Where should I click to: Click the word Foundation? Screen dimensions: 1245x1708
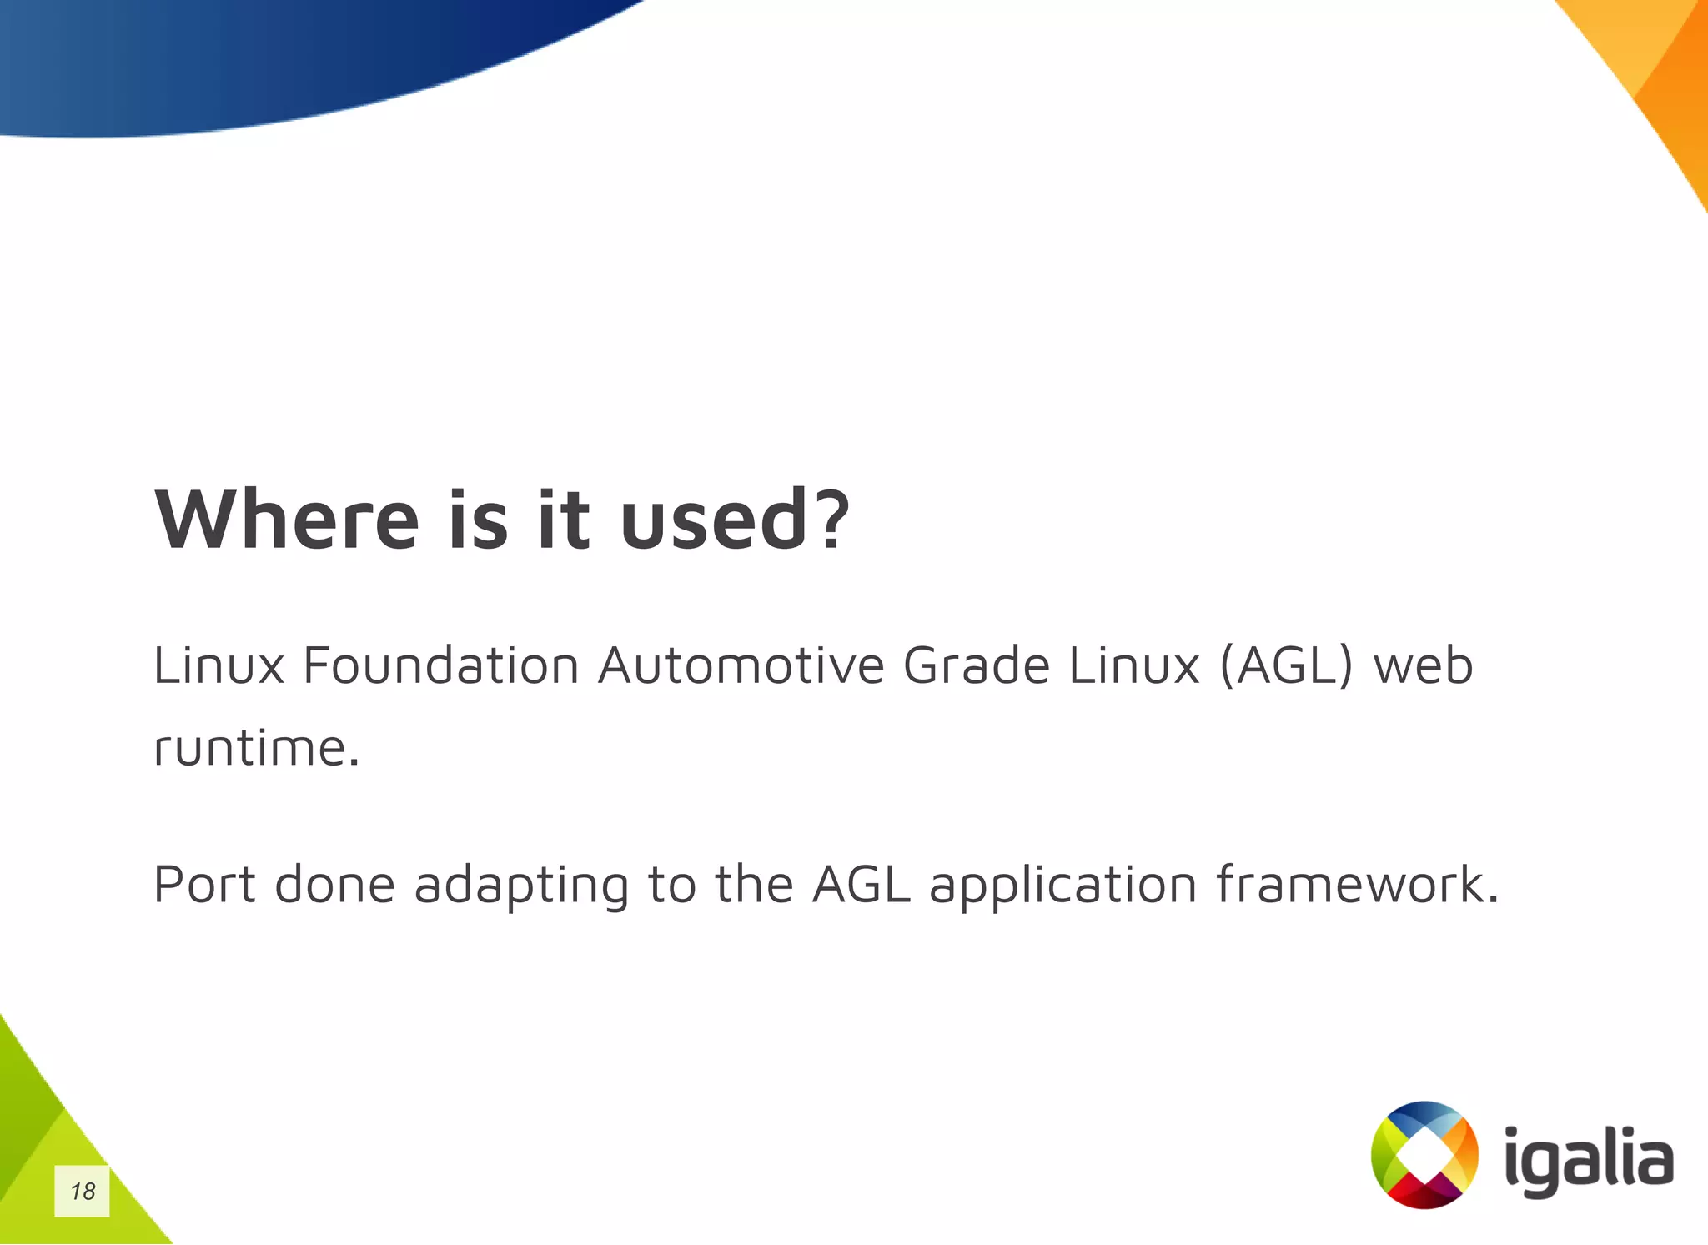pos(440,665)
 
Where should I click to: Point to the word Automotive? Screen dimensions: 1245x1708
pos(741,665)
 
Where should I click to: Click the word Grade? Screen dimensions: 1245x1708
pos(976,665)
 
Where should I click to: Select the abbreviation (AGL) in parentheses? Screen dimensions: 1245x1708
pos(1285,665)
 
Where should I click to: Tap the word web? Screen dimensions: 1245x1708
pos(1423,665)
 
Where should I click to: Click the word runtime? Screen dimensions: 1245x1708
pos(256,747)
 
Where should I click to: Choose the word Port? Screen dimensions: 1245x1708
pos(204,884)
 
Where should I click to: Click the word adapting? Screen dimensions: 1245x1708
pos(521,886)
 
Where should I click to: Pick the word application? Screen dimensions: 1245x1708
pos(1063,886)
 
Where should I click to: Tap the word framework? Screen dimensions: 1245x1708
pos(1357,884)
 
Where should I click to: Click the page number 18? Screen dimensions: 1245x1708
pos(83,1191)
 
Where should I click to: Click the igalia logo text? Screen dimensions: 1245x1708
pos(1589,1159)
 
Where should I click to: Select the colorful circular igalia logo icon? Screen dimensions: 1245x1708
pos(1424,1155)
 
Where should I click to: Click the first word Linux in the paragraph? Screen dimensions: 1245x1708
pos(219,665)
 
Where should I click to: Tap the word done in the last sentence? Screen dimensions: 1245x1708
pos(334,884)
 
